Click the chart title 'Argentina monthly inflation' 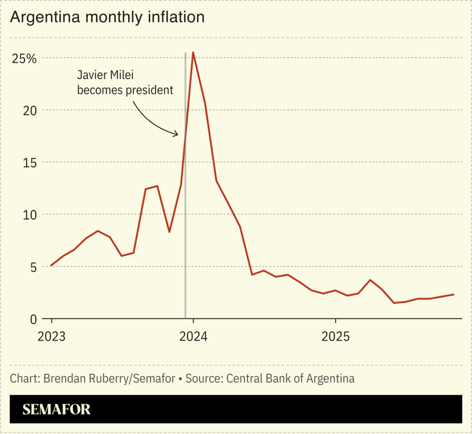point(107,17)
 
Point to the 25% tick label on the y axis point(24,59)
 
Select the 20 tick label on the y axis point(29,111)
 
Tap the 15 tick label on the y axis point(29,163)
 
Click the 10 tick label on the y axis point(29,215)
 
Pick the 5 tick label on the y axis point(33,267)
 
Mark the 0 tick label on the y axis point(33,319)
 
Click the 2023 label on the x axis point(52,336)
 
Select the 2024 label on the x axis point(193,336)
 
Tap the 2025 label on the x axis point(335,336)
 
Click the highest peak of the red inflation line point(193,52)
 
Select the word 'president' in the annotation point(150,90)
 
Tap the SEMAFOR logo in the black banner point(56,409)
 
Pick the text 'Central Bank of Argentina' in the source point(290,378)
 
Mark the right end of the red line point(454,294)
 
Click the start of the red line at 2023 point(51,266)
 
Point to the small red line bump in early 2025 point(370,280)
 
